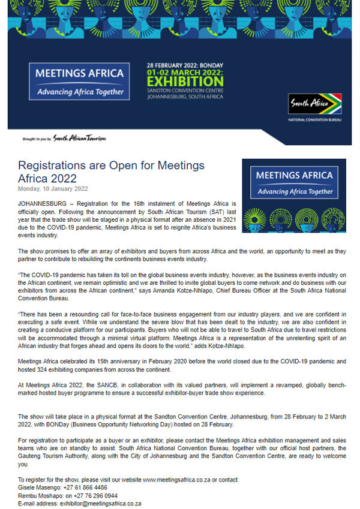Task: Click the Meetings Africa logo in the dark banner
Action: click(79, 81)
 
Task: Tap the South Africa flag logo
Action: click(314, 103)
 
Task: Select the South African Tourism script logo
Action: click(79, 138)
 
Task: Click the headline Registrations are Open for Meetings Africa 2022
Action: click(111, 171)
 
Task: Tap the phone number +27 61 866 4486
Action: click(82, 487)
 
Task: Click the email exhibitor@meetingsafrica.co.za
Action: click(100, 504)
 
